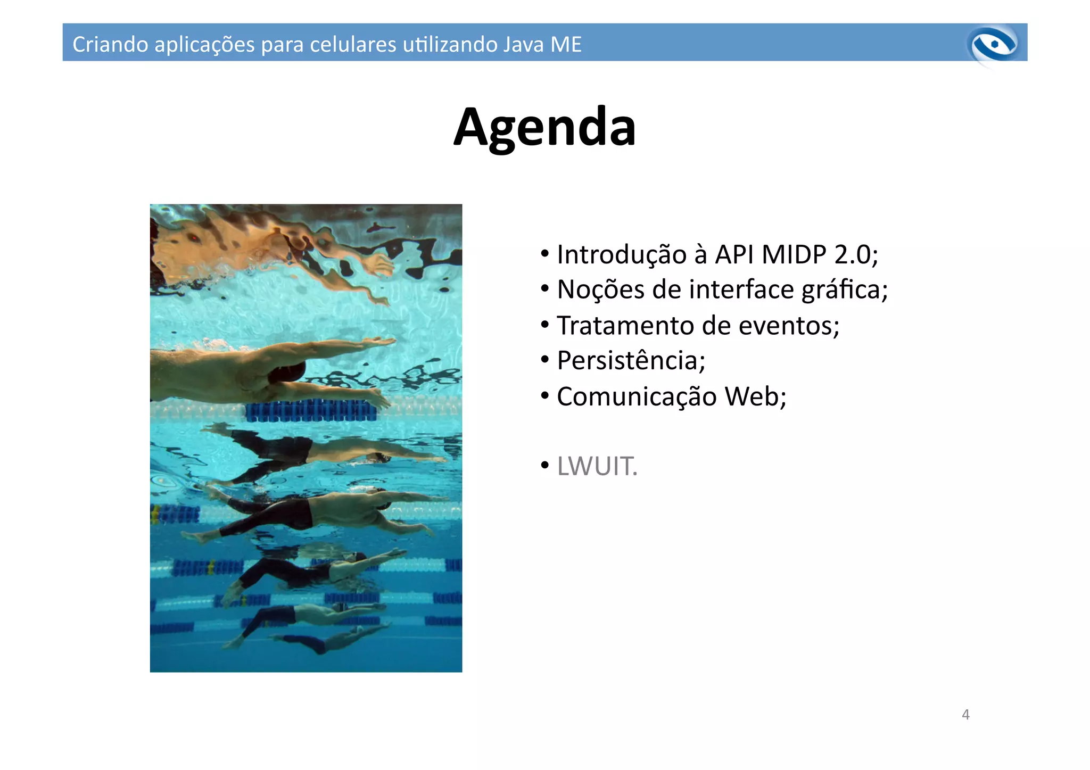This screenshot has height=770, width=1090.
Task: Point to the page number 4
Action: point(965,715)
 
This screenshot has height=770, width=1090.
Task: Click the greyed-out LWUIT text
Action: point(597,466)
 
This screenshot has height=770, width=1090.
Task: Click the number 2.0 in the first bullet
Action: point(852,254)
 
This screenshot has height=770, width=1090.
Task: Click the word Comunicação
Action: point(637,396)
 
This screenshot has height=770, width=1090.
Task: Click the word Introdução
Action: point(622,254)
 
